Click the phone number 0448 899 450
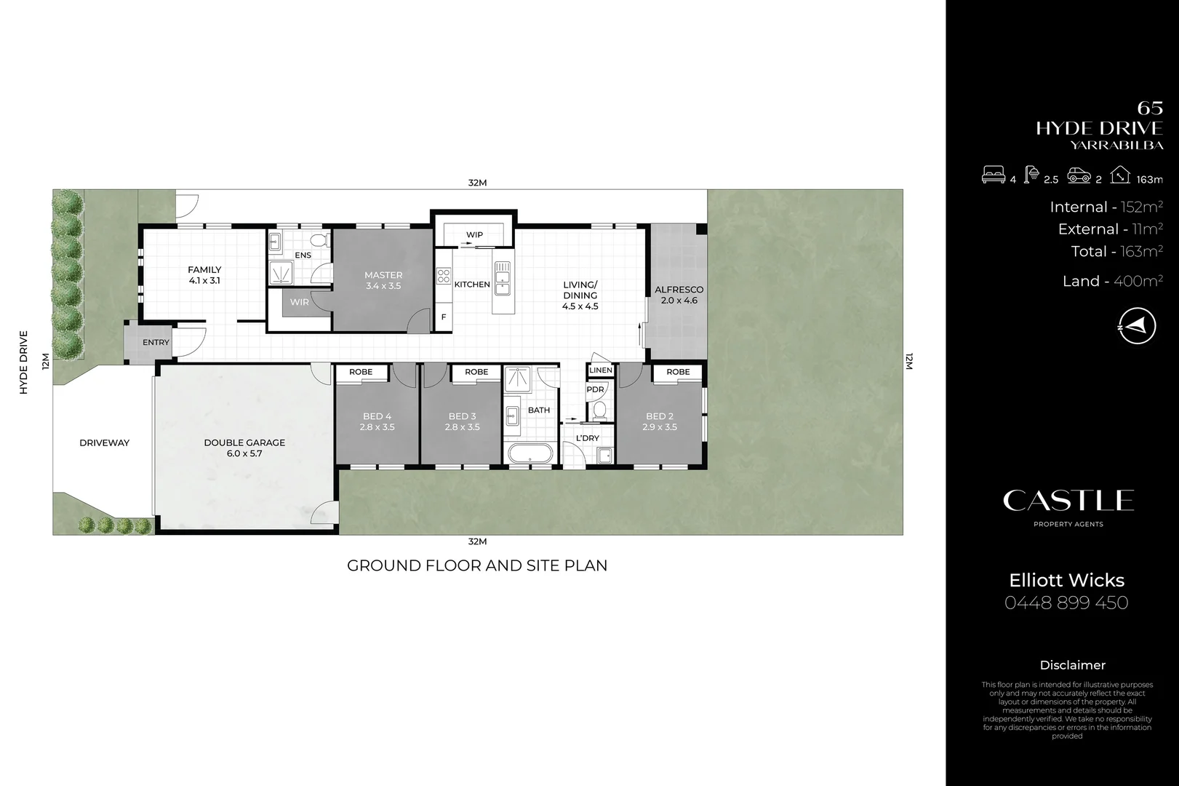point(1066,603)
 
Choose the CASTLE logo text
point(1068,501)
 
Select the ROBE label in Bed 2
point(678,372)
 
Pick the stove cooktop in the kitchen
point(443,276)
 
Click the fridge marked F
point(444,317)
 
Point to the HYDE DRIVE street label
point(23,362)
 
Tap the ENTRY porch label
point(156,342)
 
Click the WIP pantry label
point(474,234)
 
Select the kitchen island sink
point(503,277)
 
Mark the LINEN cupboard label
point(601,370)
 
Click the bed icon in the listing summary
point(994,175)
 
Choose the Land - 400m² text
point(1112,281)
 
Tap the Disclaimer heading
point(1072,665)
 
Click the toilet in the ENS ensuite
point(317,239)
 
